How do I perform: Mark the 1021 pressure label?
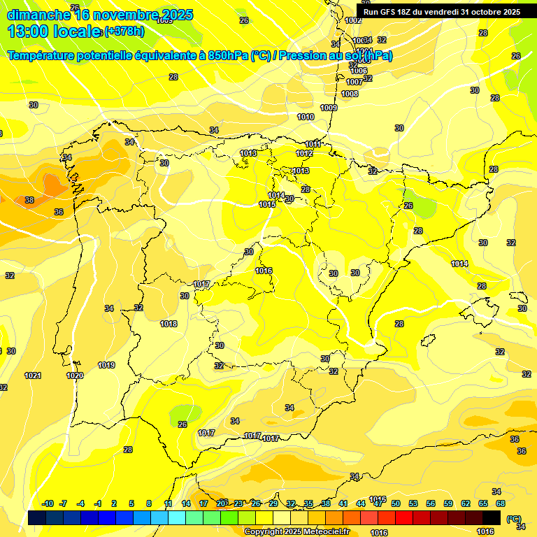coord(33,375)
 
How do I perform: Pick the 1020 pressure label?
coord(75,375)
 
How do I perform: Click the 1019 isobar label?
coord(106,365)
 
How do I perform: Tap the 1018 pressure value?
coord(169,324)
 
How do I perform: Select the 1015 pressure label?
coord(266,204)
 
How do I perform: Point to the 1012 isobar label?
coord(304,154)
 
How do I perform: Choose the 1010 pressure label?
coord(306,117)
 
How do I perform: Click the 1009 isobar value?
coord(329,108)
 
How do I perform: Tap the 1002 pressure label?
coord(354,20)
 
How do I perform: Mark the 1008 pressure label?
coord(350,94)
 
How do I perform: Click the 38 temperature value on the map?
coord(29,200)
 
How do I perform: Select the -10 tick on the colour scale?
coord(48,503)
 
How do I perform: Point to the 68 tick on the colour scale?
coord(501,503)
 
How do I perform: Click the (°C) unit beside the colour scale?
coord(513,518)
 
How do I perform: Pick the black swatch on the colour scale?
coord(492,518)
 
